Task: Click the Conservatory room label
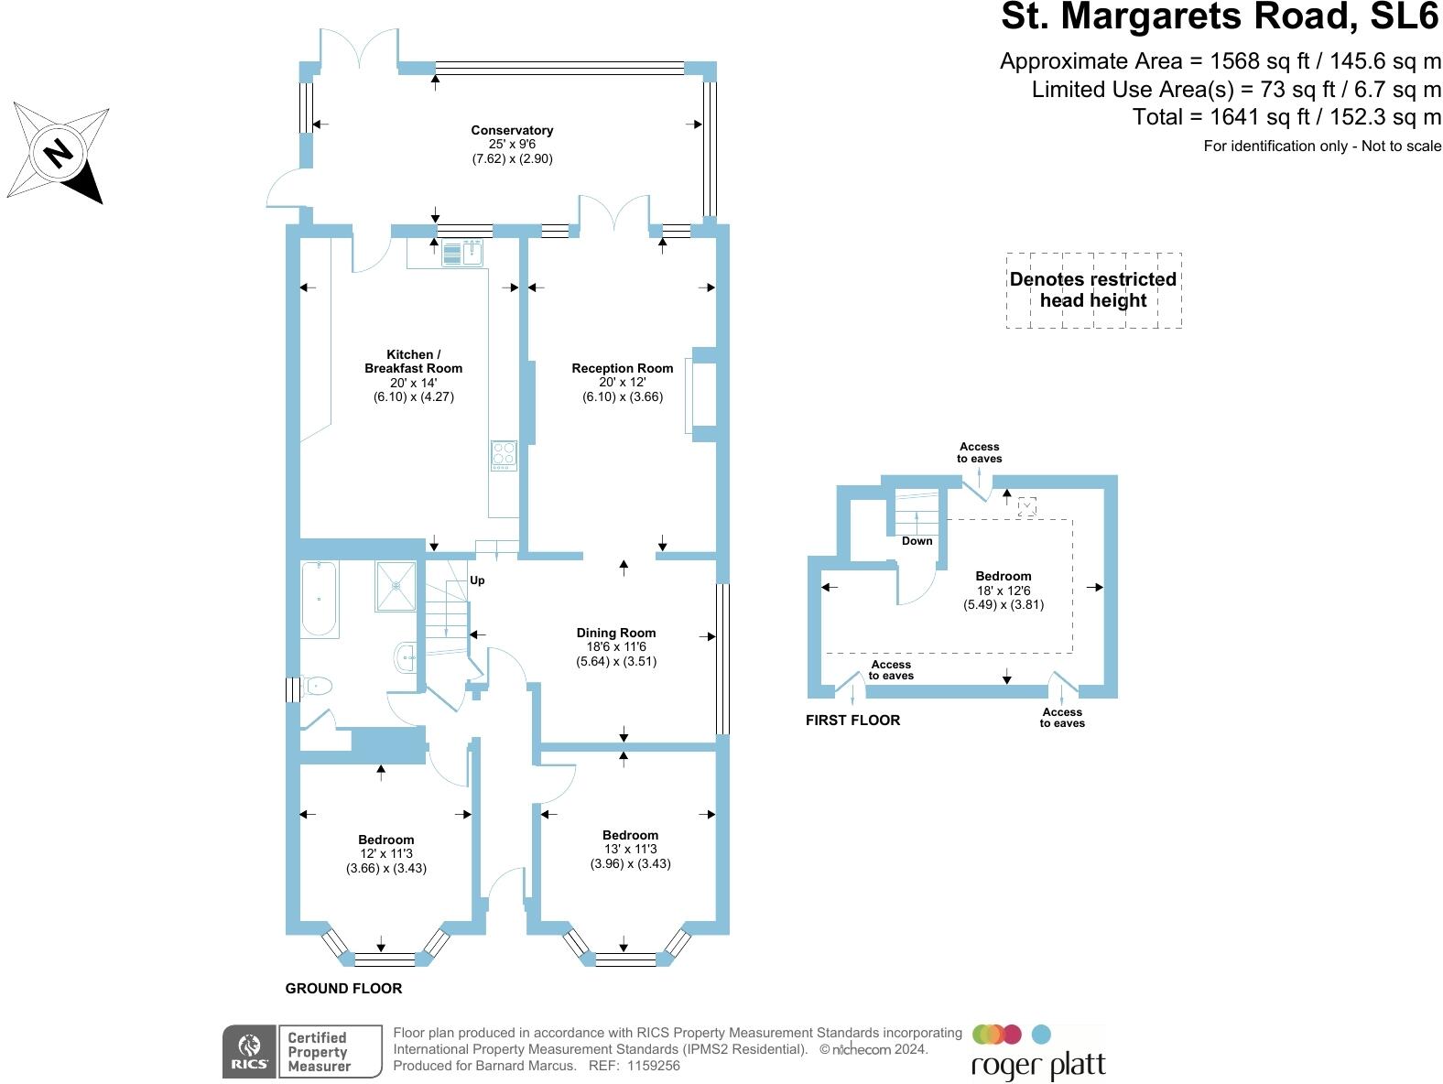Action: [x=512, y=130]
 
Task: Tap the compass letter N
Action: [x=59, y=151]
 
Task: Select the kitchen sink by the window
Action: [x=462, y=253]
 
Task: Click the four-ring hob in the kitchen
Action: [x=504, y=455]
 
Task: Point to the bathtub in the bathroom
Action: [x=319, y=600]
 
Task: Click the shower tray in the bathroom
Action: [x=396, y=587]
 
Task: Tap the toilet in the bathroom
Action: [x=317, y=685]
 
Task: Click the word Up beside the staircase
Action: [x=477, y=580]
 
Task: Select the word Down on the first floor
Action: [x=917, y=541]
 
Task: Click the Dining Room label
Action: [x=616, y=633]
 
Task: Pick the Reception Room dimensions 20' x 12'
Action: [x=623, y=383]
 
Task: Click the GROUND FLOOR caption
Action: [x=343, y=988]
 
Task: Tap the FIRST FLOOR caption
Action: [x=852, y=721]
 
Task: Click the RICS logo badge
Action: [x=250, y=1051]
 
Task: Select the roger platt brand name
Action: [x=1038, y=1066]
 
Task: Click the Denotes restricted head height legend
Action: [x=1093, y=290]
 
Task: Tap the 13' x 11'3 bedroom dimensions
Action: [x=631, y=849]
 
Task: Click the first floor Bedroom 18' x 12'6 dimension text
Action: [x=1004, y=591]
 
